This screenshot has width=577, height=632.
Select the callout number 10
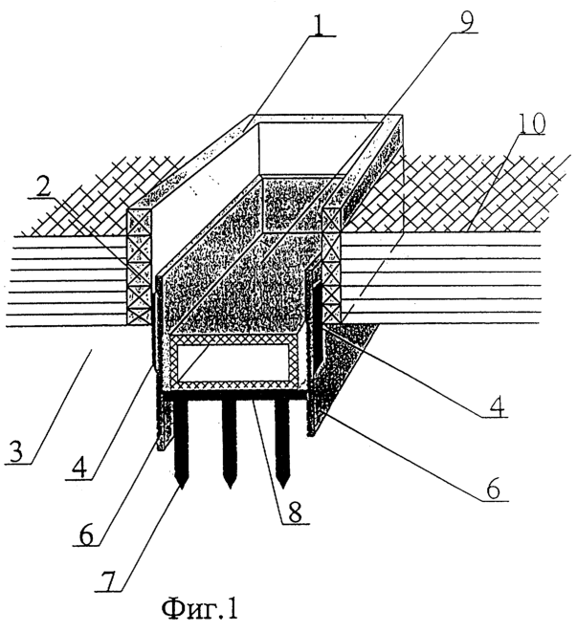click(531, 123)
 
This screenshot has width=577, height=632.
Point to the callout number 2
click(42, 185)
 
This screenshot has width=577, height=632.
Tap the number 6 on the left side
click(86, 534)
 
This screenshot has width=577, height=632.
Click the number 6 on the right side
click(493, 488)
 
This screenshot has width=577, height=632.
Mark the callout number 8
click(294, 512)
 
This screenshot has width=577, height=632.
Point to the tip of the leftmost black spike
click(181, 489)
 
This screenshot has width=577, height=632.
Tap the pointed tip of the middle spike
click(230, 489)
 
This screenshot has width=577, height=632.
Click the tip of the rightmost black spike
click(283, 489)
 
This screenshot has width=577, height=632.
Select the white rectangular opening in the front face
click(234, 362)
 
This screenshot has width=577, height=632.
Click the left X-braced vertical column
click(140, 267)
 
